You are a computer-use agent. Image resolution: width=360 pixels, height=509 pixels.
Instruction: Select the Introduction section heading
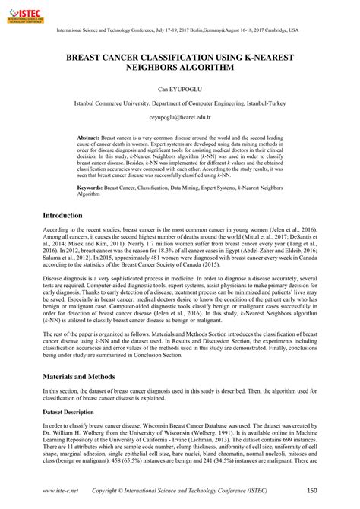click(62, 216)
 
